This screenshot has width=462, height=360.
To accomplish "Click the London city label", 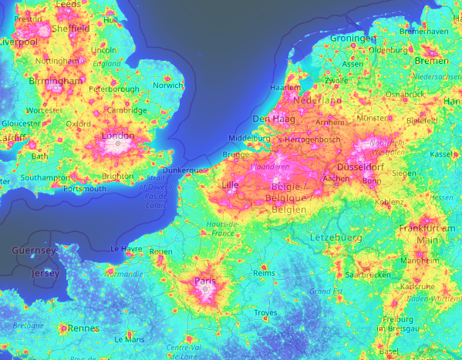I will [118, 136].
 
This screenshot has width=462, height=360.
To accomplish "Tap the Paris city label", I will [205, 281].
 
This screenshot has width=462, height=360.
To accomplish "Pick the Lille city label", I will [230, 185].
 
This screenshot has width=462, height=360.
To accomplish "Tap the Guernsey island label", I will [34, 251].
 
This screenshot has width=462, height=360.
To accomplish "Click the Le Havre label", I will [126, 249].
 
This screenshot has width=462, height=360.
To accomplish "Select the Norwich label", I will [168, 85].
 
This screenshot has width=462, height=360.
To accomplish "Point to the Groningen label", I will [352, 39].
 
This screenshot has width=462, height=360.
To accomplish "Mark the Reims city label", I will [264, 273].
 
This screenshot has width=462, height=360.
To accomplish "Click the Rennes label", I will [84, 328].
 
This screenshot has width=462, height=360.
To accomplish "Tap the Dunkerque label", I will [184, 170].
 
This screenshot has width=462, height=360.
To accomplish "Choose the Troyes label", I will [265, 312].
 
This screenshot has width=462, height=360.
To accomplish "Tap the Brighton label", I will [117, 176].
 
